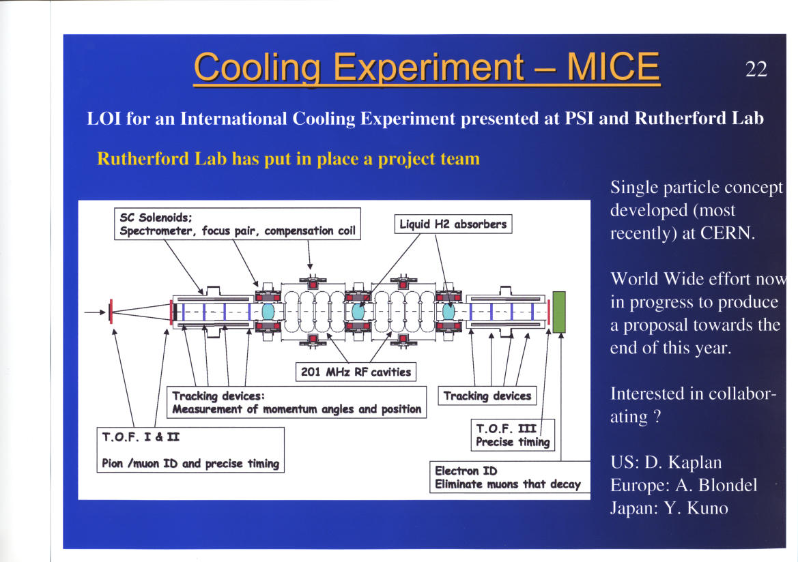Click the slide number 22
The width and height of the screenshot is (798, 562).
pyautogui.click(x=756, y=69)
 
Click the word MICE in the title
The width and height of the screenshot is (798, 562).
pyautogui.click(x=613, y=67)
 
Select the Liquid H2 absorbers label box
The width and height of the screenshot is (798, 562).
pyautogui.click(x=453, y=224)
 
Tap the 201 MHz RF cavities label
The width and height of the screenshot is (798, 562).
pyautogui.click(x=356, y=372)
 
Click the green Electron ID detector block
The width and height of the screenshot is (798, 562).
pyautogui.click(x=559, y=312)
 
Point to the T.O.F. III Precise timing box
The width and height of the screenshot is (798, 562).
pyautogui.click(x=513, y=435)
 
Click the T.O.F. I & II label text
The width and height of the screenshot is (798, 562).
pyautogui.click(x=141, y=437)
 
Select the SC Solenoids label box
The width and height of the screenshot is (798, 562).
pyautogui.click(x=237, y=224)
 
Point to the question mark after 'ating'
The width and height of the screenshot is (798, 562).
pyautogui.click(x=657, y=417)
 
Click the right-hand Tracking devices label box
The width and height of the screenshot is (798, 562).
pyautogui.click(x=487, y=396)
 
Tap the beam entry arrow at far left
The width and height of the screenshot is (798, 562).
pyautogui.click(x=95, y=312)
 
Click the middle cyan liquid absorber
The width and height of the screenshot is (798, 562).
pyautogui.click(x=358, y=311)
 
